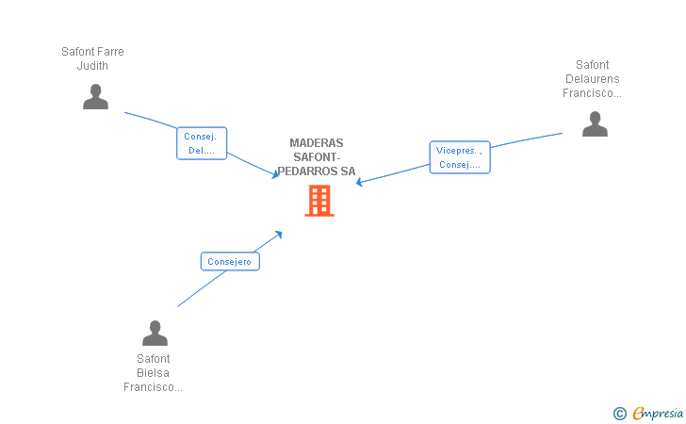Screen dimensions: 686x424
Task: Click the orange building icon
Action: pyautogui.click(x=319, y=201)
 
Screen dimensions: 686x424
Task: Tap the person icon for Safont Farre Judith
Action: pyautogui.click(x=95, y=97)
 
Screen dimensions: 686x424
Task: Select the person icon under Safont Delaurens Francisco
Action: pyautogui.click(x=595, y=123)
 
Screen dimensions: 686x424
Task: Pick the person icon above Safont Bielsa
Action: pyautogui.click(x=155, y=333)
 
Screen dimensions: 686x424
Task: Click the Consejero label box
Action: pyautogui.click(x=230, y=261)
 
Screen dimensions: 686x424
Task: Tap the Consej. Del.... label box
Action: pyautogui.click(x=202, y=143)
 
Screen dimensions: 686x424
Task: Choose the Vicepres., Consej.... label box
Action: pyautogui.click(x=460, y=157)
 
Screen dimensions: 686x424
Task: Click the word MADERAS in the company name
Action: pyautogui.click(x=317, y=143)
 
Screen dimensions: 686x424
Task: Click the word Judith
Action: pyautogui.click(x=92, y=66)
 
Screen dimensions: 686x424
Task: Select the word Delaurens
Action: pyautogui.click(x=593, y=79)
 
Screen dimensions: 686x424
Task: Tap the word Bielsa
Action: pyautogui.click(x=153, y=373)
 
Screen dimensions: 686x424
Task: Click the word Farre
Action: pyautogui.click(x=111, y=52)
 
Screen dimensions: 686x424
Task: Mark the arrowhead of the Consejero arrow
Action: pyautogui.click(x=279, y=235)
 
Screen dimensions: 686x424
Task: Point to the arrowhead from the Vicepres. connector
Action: pyautogui.click(x=360, y=182)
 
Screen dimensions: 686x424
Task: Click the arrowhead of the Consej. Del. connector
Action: pyautogui.click(x=275, y=174)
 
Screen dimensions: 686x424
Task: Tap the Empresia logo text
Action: pyautogui.click(x=658, y=413)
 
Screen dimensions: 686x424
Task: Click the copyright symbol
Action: pyautogui.click(x=620, y=414)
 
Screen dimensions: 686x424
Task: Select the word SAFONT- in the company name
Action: pyautogui.click(x=317, y=157)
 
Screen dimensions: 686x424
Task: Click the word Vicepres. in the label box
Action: pyautogui.click(x=456, y=151)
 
